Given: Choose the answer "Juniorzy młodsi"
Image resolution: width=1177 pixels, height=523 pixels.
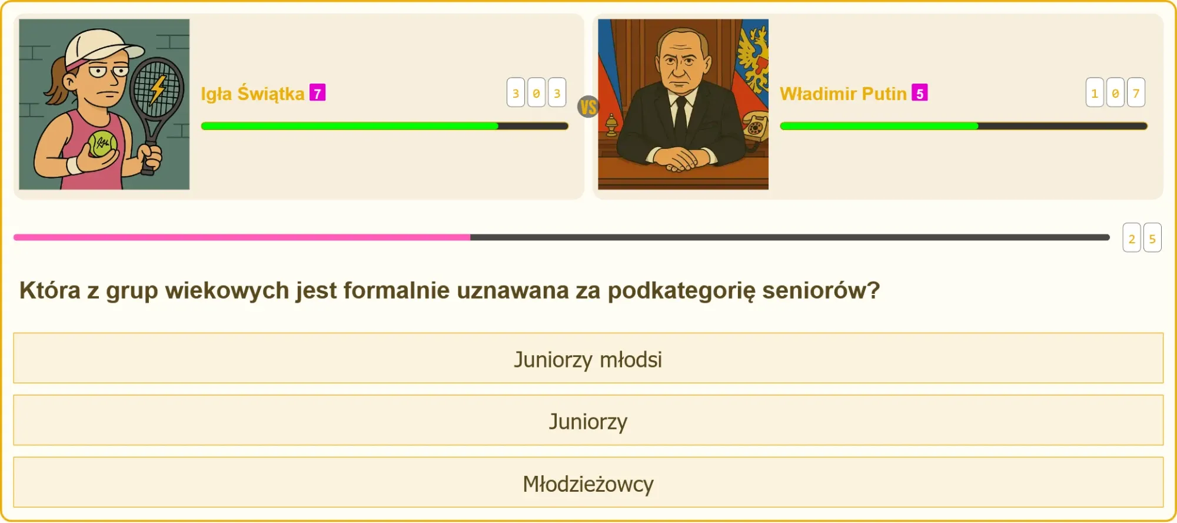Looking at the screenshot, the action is (588, 358).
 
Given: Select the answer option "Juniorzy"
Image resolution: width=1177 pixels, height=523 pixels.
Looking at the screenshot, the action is (588, 421).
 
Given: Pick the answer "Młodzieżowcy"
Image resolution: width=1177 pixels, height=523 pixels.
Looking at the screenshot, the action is (588, 482).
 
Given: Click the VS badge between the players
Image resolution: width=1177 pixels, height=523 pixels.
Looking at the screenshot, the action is (588, 107).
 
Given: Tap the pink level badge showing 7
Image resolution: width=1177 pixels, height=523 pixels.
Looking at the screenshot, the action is (317, 93).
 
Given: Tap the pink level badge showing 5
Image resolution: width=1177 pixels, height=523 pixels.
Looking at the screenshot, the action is (919, 93).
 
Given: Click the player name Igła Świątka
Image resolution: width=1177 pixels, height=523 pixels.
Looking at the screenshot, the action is (252, 93).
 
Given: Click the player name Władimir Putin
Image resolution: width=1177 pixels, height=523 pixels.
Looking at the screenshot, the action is (843, 93).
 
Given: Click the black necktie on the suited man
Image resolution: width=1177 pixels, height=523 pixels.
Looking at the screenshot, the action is (680, 121).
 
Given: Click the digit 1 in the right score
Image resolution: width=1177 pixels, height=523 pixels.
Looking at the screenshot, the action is (1095, 92).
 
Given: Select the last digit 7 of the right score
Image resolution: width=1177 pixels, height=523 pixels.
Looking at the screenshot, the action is (1136, 92).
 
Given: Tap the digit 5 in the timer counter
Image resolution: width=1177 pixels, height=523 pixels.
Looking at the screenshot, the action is (1152, 238).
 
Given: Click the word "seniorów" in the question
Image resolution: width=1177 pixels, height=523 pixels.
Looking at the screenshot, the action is (821, 290).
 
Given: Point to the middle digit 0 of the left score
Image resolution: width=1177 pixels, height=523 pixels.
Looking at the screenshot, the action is (536, 92).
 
